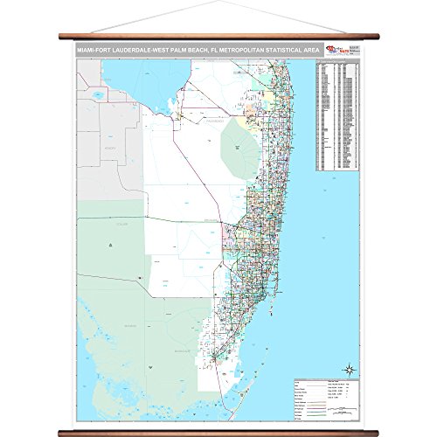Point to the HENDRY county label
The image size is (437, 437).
[x=110, y=149]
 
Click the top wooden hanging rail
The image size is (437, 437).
[x=218, y=36]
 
